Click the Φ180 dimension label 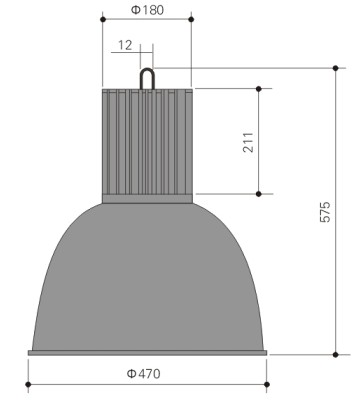tap(147, 10)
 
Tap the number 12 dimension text tap(125, 45)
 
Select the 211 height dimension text tap(248, 142)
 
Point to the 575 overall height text tap(325, 212)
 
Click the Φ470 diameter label tap(144, 374)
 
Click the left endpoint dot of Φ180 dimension tap(103, 20)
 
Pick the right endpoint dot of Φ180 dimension tap(191, 19)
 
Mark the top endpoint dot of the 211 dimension tap(259, 89)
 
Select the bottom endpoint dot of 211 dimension tap(259, 194)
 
